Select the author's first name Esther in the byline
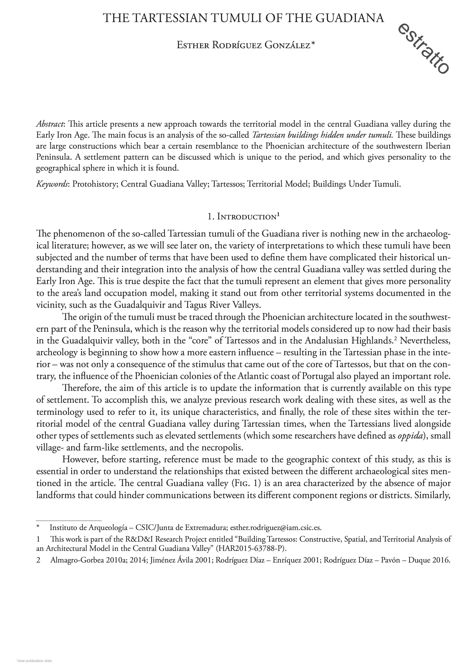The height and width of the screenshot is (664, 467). (193, 45)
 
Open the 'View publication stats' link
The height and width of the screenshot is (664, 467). (34, 660)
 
